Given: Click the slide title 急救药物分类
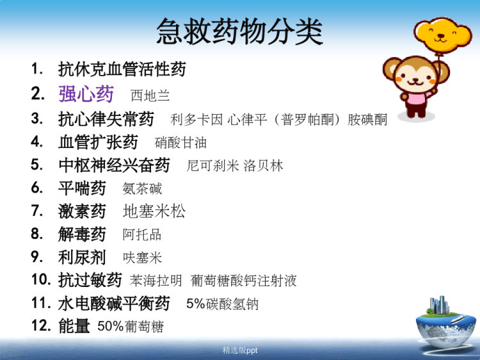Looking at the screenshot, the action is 240,31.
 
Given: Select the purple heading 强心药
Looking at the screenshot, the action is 86,94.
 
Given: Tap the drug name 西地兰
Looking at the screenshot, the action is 150,95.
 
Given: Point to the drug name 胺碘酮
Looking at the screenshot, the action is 367,120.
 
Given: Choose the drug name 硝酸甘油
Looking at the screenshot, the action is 180,143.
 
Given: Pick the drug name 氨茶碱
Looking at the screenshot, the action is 142,189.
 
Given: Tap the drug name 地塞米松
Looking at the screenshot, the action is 154,211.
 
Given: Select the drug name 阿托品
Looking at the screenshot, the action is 142,234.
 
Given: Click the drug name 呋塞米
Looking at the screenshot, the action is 142,258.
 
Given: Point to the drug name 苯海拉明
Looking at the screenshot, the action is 156,281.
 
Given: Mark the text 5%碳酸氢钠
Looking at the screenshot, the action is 223,304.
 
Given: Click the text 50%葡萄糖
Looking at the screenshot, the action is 131,326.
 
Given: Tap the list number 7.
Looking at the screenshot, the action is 36,211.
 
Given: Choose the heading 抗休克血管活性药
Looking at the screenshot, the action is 122,69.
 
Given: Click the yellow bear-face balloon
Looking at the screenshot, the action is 442,35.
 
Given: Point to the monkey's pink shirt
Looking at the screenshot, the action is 416,97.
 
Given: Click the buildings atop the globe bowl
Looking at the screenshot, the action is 440,305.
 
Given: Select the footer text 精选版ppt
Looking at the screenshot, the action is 240,350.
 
